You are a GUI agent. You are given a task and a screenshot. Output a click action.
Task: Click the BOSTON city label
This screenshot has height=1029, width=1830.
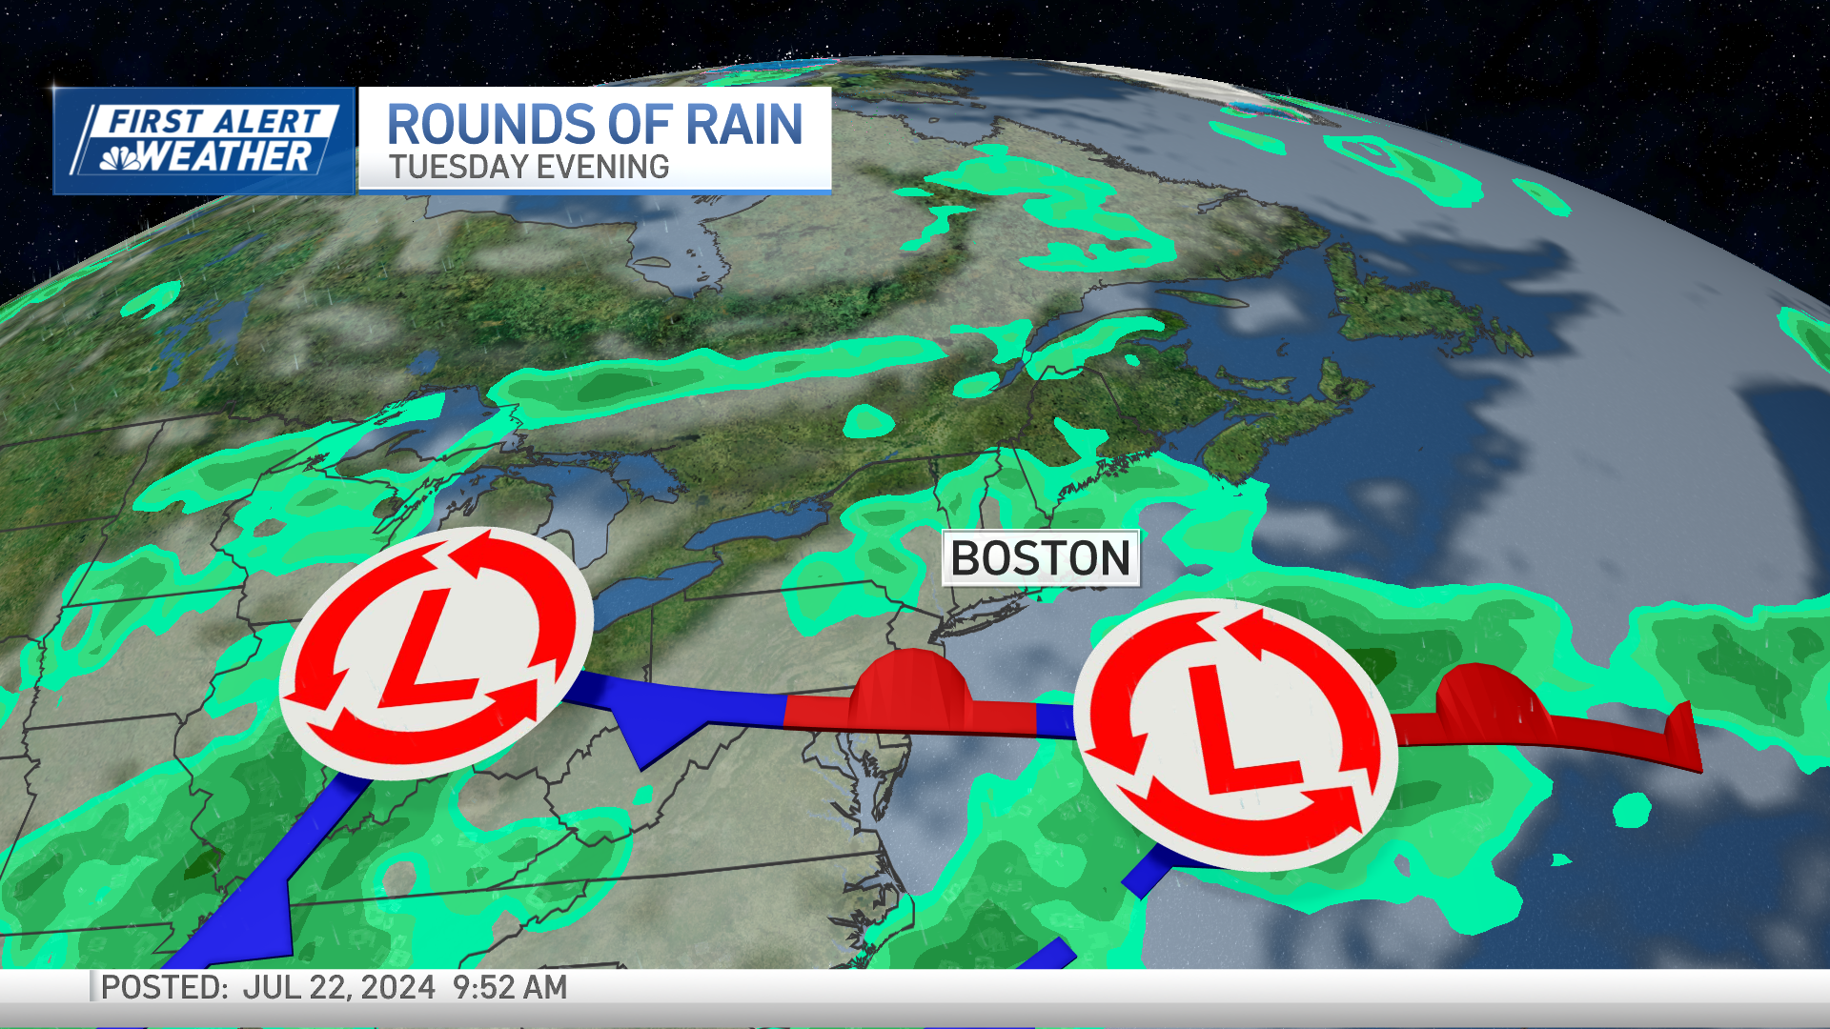(1040, 558)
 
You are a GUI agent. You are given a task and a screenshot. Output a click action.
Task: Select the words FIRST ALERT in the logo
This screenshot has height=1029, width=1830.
(213, 121)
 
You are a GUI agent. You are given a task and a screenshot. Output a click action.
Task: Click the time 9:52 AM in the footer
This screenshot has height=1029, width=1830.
(510, 988)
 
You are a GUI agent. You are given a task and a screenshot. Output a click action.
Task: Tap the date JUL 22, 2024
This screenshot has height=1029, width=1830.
(338, 988)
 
